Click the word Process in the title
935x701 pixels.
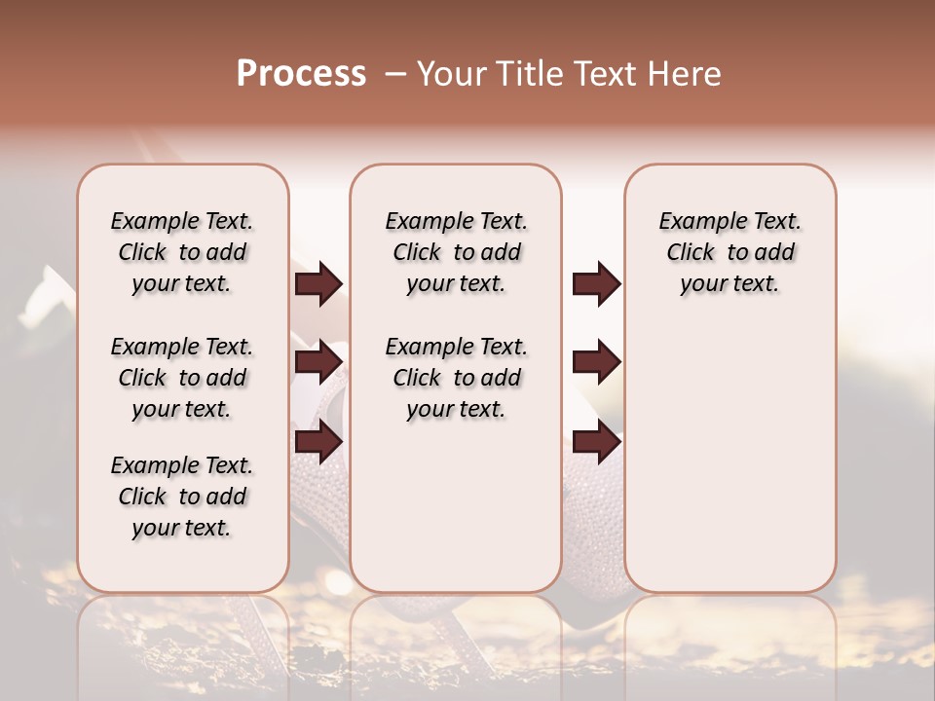(301, 74)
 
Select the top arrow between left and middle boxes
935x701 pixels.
(318, 283)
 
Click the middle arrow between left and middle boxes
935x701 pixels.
(318, 362)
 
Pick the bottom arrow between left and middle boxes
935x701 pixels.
(318, 443)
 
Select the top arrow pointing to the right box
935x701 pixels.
(596, 283)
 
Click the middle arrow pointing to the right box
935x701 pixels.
(596, 362)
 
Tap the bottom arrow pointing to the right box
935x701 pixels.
(596, 443)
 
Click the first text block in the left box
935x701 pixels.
(182, 252)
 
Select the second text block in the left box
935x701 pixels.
(182, 378)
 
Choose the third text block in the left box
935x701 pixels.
(182, 497)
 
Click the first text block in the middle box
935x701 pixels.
(456, 252)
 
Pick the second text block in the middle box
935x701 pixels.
(456, 378)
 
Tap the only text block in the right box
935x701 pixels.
(730, 252)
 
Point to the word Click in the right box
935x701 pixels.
(691, 253)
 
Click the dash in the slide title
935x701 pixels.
(395, 74)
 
